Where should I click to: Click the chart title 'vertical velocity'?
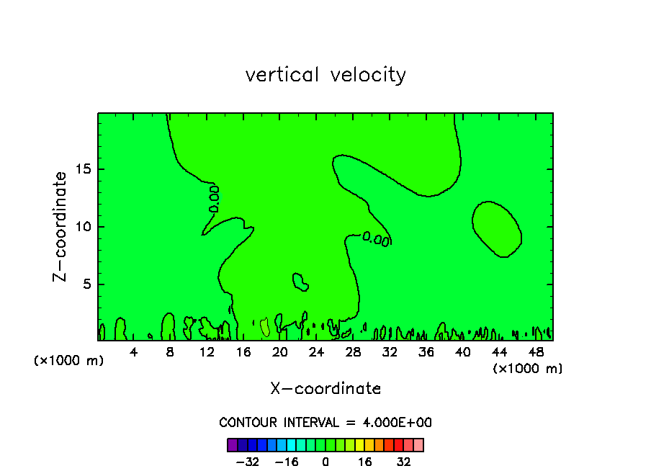(x=325, y=75)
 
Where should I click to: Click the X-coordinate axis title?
(x=325, y=389)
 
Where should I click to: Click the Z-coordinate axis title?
(x=61, y=226)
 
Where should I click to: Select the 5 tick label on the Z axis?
(x=84, y=284)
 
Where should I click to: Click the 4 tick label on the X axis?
(x=134, y=353)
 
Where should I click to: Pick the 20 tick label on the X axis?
(x=280, y=353)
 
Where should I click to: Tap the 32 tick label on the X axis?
(x=390, y=353)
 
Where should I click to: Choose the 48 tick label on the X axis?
(x=536, y=353)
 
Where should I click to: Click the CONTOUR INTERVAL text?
(x=325, y=423)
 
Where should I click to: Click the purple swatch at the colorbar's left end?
(x=233, y=444)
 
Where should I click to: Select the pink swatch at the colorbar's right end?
(x=418, y=444)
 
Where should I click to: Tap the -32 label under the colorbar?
(x=248, y=462)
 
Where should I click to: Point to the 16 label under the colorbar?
(x=365, y=462)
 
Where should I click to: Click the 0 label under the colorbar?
(x=325, y=462)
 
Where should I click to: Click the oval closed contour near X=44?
(x=497, y=228)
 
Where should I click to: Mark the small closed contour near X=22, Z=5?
(x=300, y=282)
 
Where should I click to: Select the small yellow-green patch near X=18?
(x=264, y=327)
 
